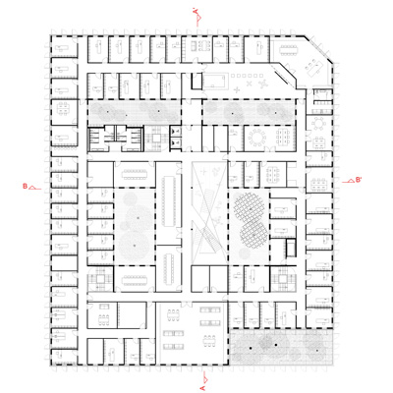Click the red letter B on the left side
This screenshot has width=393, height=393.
25,185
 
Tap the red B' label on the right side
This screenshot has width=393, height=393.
359,180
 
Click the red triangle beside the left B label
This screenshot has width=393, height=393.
33,185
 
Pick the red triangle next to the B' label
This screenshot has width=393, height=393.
350,181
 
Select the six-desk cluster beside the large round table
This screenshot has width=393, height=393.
279,136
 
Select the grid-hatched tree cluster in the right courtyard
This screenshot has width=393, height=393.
252,219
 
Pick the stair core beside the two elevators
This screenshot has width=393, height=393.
103,140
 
